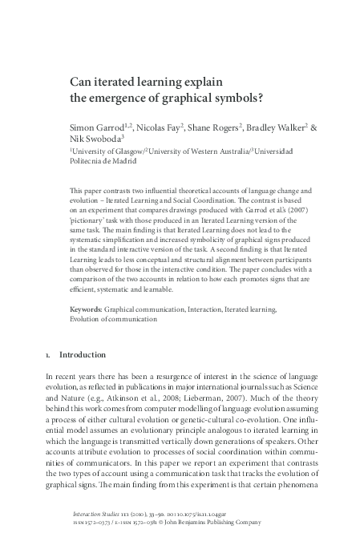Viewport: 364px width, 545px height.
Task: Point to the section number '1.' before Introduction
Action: point(49,354)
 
